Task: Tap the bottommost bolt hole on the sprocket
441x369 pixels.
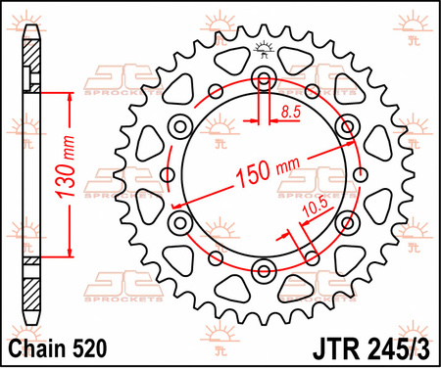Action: (x=262, y=272)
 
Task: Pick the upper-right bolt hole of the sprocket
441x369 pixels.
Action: (x=345, y=126)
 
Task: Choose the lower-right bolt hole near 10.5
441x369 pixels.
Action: (x=345, y=224)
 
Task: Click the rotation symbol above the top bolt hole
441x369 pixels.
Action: (x=262, y=46)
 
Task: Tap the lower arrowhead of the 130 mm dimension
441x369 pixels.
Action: (x=71, y=255)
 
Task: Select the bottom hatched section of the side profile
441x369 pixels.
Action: (x=33, y=291)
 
